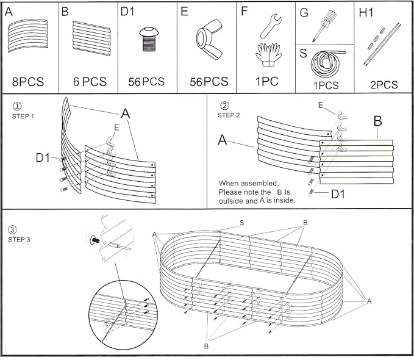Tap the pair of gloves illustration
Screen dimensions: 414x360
[268, 55]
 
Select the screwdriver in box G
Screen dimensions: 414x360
[323, 26]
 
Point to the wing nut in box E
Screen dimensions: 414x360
[209, 38]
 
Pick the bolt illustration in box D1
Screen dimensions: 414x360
[149, 39]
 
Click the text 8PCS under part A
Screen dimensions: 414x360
[28, 82]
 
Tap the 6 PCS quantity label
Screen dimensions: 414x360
[90, 82]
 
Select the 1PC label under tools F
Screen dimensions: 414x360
[266, 81]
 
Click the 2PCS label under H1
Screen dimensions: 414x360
[384, 85]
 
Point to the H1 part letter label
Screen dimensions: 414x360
[366, 13]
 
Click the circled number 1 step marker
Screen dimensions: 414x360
[17, 106]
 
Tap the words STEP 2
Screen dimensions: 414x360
[229, 115]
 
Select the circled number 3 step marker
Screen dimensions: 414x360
[12, 229]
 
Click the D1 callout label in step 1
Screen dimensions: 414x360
[43, 158]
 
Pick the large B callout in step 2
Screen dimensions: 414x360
[378, 121]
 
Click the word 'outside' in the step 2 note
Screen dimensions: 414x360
[231, 201]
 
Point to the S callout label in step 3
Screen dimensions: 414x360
[242, 223]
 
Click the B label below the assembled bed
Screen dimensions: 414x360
[206, 346]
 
